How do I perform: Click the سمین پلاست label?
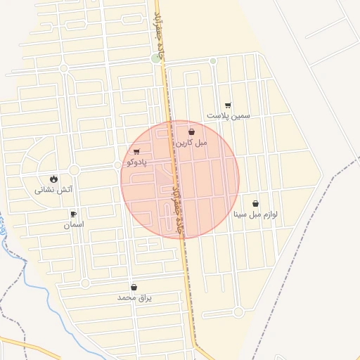pos(229,115)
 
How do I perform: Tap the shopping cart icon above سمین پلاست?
pos(229,105)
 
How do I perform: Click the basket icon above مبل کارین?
pos(192,131)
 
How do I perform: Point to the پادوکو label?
pos(135,162)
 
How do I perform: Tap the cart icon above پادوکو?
pos(136,151)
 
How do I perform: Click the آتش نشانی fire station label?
pos(54,189)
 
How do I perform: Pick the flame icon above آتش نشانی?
pos(54,178)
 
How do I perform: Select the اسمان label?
pos(73,224)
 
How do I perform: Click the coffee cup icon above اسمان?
pos(73,214)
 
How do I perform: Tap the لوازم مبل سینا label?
pos(255,214)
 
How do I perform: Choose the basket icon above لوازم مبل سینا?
pos(255,203)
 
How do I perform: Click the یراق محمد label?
pos(134,297)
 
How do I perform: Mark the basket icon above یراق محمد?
pos(134,287)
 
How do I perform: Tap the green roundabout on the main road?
pos(156,58)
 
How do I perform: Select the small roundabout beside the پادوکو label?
pos(117,165)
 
